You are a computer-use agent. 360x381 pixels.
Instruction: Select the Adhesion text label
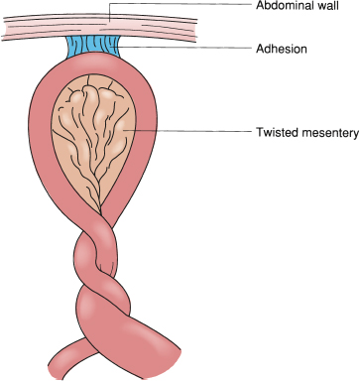click(282, 49)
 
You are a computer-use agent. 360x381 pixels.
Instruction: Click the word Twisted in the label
click(275, 133)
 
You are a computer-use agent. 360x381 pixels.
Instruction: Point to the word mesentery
click(328, 133)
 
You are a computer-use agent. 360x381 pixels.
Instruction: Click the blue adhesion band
click(93, 47)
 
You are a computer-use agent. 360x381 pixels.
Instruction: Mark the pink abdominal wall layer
click(99, 27)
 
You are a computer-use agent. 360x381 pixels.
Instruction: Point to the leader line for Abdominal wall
click(180, 4)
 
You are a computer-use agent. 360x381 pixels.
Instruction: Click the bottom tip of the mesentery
click(100, 211)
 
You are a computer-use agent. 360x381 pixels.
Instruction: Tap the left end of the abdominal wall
click(3, 28)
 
